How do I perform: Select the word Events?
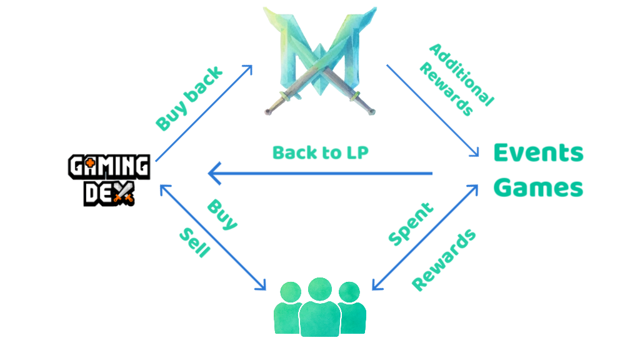coord(538,152)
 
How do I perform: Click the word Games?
coord(538,187)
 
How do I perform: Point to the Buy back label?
coord(188,99)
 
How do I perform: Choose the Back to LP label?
coord(321,152)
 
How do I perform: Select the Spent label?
coord(411,223)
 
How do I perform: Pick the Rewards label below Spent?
coord(444,259)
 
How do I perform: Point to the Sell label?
coord(195,243)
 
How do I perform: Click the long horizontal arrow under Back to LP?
coord(320,173)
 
